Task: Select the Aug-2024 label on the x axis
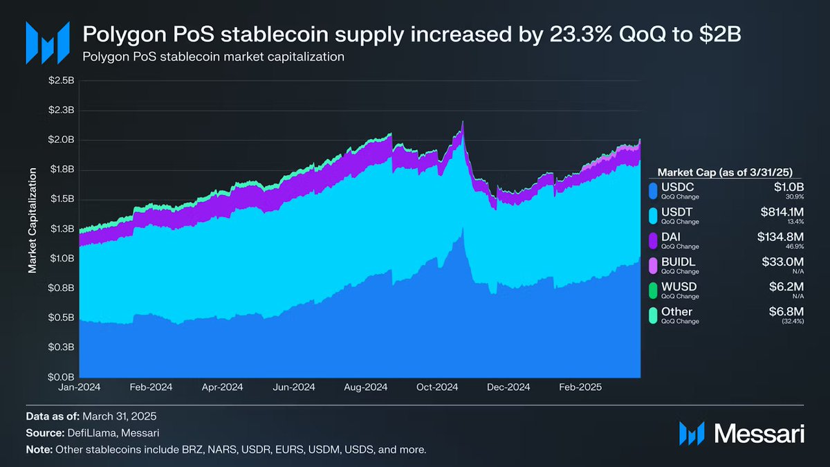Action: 365,388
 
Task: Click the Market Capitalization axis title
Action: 32,229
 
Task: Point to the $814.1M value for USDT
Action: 780,212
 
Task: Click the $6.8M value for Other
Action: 788,312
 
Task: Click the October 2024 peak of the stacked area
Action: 462,122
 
